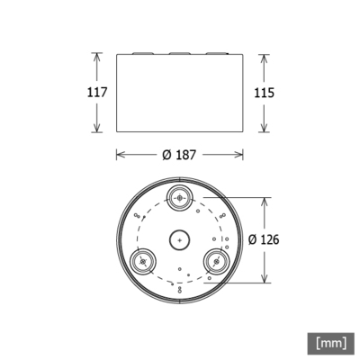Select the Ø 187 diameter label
(x=180, y=155)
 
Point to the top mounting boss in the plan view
(x=180, y=197)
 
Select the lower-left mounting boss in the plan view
(x=142, y=261)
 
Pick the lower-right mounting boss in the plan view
(x=217, y=261)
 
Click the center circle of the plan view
(x=180, y=239)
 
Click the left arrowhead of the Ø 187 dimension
(x=121, y=155)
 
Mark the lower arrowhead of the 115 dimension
(x=264, y=130)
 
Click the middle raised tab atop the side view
(x=180, y=53)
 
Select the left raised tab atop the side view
(x=142, y=53)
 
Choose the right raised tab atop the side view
(x=217, y=53)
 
